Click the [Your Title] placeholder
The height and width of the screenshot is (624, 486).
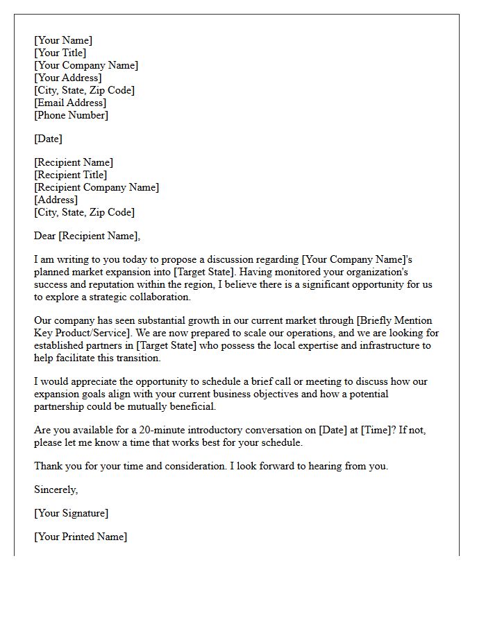coord(60,53)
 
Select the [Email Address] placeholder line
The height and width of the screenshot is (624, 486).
coord(70,103)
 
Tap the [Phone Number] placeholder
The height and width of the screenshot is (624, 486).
coord(71,115)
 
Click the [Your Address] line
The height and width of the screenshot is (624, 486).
coord(67,78)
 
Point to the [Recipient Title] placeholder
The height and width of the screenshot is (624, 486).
coord(71,175)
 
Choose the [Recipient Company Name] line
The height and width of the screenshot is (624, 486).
coord(97,187)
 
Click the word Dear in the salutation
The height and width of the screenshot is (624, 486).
coord(45,236)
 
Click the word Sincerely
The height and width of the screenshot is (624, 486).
coord(56,489)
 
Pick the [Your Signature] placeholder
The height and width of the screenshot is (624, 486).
coord(71,513)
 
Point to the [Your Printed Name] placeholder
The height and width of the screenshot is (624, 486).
coord(81,537)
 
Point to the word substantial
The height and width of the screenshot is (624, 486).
coord(156,320)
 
